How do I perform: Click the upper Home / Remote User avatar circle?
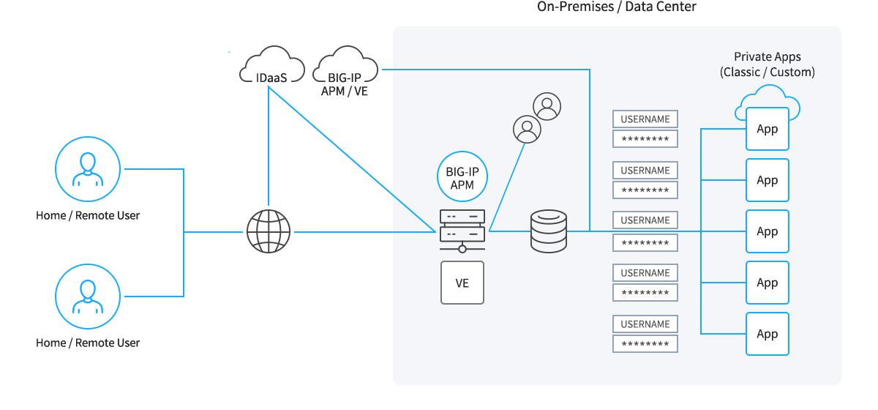88,170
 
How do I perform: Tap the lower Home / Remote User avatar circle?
88,297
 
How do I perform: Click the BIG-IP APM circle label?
462,178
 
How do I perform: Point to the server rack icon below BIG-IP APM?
462,227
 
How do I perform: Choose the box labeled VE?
462,283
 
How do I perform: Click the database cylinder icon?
549,231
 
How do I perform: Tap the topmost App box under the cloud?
768,130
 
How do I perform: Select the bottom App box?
768,334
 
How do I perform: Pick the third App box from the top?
768,231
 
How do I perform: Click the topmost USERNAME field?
645,119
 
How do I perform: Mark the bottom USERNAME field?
645,324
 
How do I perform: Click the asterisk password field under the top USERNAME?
645,139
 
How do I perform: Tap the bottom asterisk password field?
645,344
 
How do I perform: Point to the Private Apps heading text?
768,57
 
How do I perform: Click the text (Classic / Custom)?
768,72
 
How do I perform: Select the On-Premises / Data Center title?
617,7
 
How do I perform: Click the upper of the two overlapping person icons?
547,106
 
